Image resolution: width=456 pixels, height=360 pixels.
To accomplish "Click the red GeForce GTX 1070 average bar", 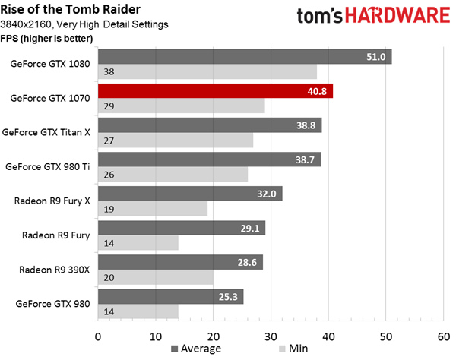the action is (215, 91).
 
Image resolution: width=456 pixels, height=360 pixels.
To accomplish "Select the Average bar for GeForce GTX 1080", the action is (245, 57).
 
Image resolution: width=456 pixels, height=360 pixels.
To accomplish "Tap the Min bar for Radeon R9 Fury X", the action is (153, 209).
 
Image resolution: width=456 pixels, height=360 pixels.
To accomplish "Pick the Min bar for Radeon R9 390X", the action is (156, 277).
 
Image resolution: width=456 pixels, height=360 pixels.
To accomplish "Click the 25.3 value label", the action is (228, 297).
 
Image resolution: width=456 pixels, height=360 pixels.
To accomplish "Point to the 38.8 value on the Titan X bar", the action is (306, 125).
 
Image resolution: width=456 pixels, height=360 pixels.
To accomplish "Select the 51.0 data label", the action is (375, 57).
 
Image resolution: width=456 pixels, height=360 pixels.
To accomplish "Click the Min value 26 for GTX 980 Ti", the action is (109, 175).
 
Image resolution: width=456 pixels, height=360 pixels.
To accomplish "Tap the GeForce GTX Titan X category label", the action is (46, 132).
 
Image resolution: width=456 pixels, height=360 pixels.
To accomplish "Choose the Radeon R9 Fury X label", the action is (52, 201).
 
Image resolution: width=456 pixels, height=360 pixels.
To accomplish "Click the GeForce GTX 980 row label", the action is (52, 304).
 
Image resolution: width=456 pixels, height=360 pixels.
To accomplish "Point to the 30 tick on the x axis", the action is (271, 336).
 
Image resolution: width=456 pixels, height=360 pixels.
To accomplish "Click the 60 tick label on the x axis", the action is (444, 336).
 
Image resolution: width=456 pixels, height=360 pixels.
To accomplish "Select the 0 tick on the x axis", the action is (98, 336).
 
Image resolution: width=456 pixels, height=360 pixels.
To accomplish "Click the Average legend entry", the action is (196, 349).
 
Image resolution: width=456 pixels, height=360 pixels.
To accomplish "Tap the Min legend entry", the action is (293, 349).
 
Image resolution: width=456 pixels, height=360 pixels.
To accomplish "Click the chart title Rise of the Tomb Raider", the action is (71, 9).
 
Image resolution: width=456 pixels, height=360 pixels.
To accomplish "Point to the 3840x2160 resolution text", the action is (26, 24).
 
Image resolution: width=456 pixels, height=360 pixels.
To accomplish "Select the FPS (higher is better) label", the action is (46, 38).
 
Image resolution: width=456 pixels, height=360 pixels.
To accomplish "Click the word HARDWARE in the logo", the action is (397, 16).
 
